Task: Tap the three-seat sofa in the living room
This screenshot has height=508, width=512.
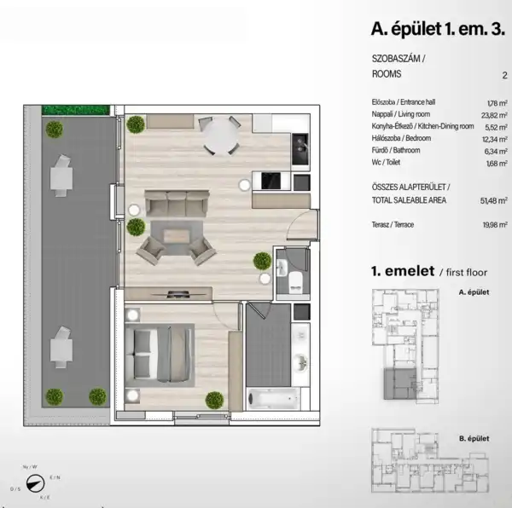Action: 176,204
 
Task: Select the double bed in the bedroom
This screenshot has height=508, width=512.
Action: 160,353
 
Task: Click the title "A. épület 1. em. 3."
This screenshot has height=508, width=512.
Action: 436,29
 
